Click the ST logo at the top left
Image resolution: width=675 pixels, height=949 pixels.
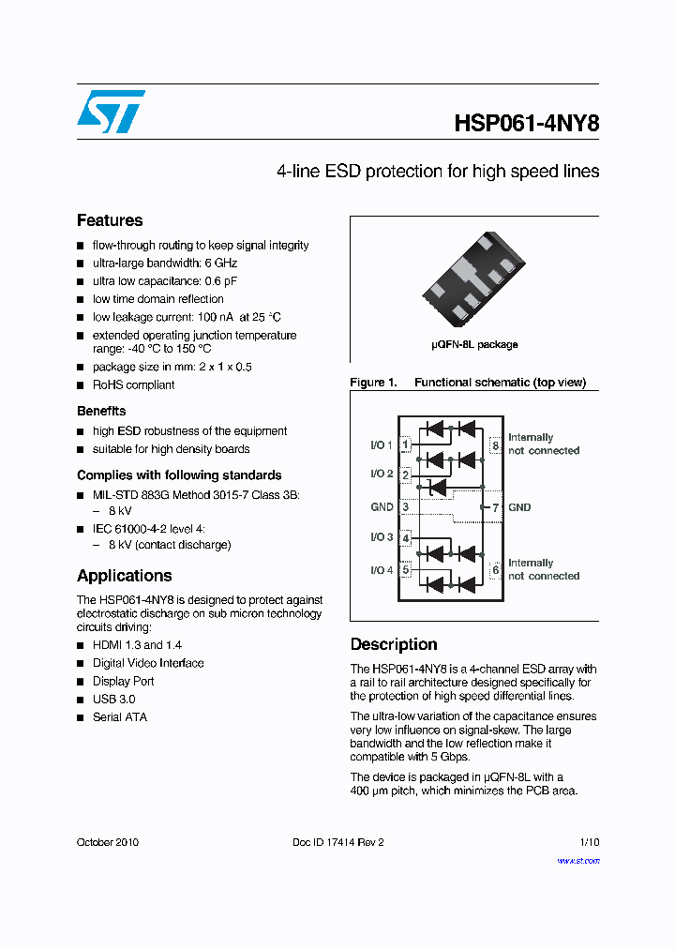[x=111, y=112]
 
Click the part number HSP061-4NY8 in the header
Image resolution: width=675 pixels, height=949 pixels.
[x=526, y=125]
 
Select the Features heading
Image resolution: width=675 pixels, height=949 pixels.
[x=110, y=220]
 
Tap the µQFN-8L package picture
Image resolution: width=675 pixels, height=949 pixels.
[x=474, y=275]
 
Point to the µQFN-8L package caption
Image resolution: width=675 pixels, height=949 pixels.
[x=474, y=344]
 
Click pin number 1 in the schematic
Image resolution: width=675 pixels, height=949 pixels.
[x=405, y=444]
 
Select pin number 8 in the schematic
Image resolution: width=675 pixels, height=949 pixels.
[x=496, y=445]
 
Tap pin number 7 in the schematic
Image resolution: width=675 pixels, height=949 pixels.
[x=496, y=507]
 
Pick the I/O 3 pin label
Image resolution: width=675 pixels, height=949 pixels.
[x=382, y=537]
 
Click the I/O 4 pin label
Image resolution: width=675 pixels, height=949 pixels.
[x=382, y=570]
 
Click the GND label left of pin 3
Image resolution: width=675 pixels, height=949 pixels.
[x=382, y=507]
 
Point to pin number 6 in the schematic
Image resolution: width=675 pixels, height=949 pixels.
[x=496, y=569]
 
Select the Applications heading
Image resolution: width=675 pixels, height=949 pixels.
[x=124, y=576]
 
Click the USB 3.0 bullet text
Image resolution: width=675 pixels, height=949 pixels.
[x=113, y=700]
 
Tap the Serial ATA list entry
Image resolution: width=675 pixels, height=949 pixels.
[x=119, y=717]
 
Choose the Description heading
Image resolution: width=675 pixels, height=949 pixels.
[x=394, y=644]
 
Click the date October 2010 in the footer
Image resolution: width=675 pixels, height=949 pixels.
[x=107, y=842]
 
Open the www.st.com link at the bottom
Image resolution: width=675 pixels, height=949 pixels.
[x=578, y=861]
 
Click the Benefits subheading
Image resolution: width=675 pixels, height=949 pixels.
[x=101, y=411]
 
